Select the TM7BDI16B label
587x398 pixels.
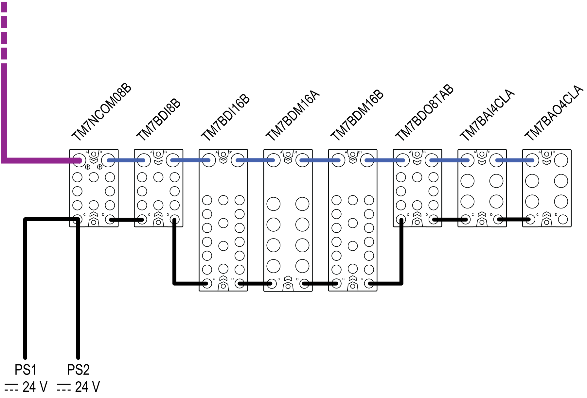pyautogui.click(x=225, y=117)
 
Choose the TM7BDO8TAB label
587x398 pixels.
pyautogui.click(x=424, y=112)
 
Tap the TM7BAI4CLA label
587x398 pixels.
pyautogui.click(x=487, y=115)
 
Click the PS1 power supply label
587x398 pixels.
pyautogui.click(x=25, y=370)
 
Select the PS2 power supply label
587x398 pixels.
pyautogui.click(x=78, y=370)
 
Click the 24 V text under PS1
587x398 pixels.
pyautogui.click(x=35, y=387)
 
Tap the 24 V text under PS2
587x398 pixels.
pyautogui.click(x=87, y=387)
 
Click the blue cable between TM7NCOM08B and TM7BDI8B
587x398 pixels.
pyautogui.click(x=126, y=160)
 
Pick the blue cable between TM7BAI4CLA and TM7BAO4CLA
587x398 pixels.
pyautogui.click(x=514, y=160)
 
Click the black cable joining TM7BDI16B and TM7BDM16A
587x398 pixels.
pyautogui.click(x=256, y=284)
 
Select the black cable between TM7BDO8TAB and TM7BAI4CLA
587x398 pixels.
pyautogui.click(x=450, y=220)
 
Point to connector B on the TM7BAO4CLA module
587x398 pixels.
pyautogui.click(x=561, y=160)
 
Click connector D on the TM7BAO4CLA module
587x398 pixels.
pyautogui.click(x=563, y=219)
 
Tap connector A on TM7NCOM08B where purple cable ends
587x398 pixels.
pyautogui.click(x=78, y=160)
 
